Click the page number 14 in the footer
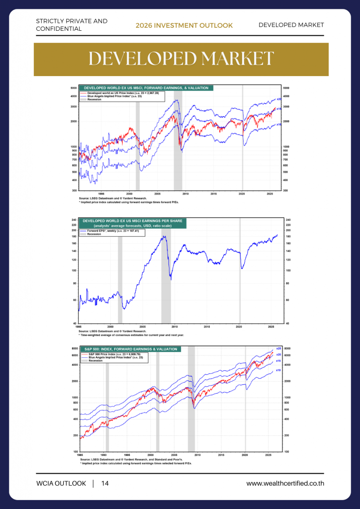click(105, 484)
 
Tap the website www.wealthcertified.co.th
click(285, 484)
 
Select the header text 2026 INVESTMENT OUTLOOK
click(184, 25)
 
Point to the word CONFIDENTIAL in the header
click(59, 29)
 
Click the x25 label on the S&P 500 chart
click(278, 348)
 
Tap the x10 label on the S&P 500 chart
click(278, 370)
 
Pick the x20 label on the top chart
click(279, 99)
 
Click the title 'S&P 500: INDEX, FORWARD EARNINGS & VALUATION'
click(130, 349)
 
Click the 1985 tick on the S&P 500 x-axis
click(80, 454)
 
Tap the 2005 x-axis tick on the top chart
click(157, 193)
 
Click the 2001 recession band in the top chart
click(138, 139)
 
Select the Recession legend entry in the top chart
click(94, 99)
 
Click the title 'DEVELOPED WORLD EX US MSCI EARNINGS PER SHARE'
click(133, 220)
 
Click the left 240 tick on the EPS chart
click(74, 220)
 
